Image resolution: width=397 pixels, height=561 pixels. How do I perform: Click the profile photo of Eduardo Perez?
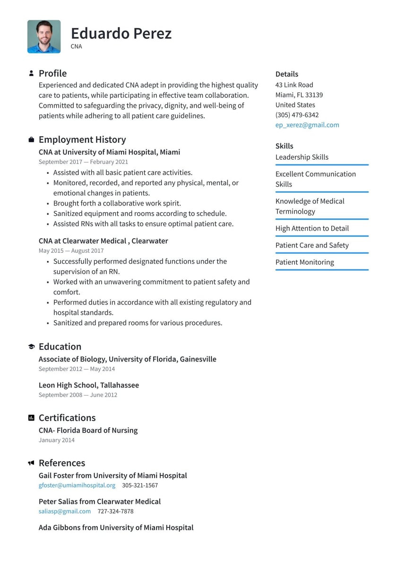[x=44, y=36]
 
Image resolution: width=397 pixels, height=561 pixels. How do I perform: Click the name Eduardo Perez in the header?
[x=121, y=33]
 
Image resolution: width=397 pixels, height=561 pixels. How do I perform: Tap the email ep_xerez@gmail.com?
[x=307, y=125]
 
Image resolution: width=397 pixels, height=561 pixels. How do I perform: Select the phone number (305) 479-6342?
[x=297, y=115]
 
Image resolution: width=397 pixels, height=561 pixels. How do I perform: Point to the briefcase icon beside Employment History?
[x=31, y=140]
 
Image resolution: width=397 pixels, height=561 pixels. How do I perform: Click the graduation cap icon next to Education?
[x=31, y=347]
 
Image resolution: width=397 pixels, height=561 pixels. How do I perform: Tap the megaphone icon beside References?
[x=31, y=463]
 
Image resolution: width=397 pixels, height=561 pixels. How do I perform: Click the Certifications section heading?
[x=67, y=418]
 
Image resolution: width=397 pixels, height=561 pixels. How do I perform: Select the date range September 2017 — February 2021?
[x=83, y=162]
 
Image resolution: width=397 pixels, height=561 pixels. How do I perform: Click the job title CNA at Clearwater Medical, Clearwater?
[x=103, y=241]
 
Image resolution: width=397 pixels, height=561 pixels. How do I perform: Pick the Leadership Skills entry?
[x=302, y=157]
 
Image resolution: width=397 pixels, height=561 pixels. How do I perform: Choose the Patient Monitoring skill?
[x=304, y=262]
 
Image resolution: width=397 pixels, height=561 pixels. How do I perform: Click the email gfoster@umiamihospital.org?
[x=77, y=485]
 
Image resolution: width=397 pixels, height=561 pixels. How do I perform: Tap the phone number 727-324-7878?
[x=115, y=511]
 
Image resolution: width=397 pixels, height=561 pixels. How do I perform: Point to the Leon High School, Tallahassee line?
[x=89, y=385]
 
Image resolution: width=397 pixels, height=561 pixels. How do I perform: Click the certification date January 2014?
[x=57, y=440]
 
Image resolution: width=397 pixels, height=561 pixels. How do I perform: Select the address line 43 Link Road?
[x=294, y=85]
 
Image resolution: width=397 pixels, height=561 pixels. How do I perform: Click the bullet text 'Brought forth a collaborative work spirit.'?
[x=117, y=203]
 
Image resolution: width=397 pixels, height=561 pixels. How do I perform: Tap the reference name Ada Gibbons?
[x=60, y=527]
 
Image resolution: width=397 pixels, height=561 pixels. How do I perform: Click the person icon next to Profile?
[x=31, y=73]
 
